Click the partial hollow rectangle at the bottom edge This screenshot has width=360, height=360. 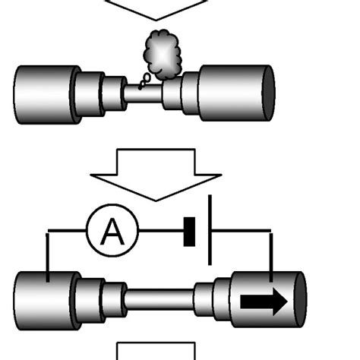pos(156,352)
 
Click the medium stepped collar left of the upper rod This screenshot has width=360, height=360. pos(91,92)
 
